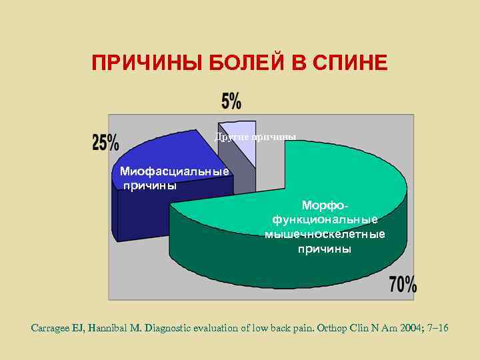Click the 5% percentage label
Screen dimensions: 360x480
(x=231, y=101)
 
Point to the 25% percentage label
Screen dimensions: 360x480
(x=105, y=142)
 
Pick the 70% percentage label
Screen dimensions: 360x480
(x=403, y=285)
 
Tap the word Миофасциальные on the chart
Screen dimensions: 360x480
(x=175, y=172)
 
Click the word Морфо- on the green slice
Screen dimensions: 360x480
(x=325, y=205)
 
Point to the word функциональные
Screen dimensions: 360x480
(x=325, y=219)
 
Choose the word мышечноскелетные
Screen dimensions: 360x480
(x=325, y=234)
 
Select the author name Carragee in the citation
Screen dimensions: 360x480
(x=55, y=328)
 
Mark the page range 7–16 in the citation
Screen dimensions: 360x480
(x=437, y=328)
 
